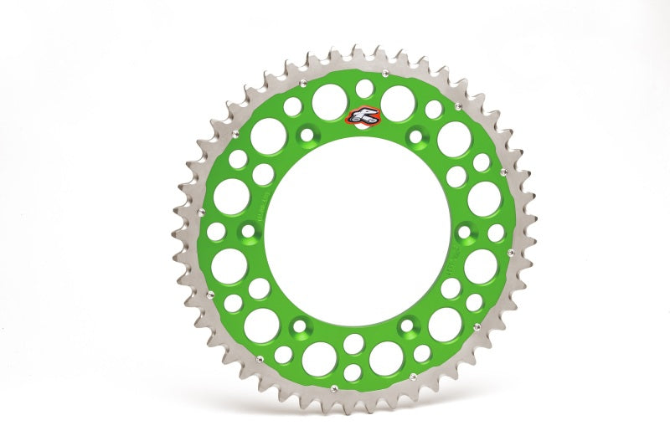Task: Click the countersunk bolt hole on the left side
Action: pyautogui.click(x=249, y=231)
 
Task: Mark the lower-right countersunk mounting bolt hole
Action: pyautogui.click(x=408, y=326)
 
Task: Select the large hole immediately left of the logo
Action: pyautogui.click(x=330, y=102)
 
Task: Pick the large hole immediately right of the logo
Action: pyautogui.click(x=397, y=102)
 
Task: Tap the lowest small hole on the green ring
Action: pyautogui.click(x=353, y=372)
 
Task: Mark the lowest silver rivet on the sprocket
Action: pyautogui.click(x=333, y=388)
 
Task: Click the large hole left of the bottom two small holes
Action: pyautogui.click(x=319, y=359)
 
